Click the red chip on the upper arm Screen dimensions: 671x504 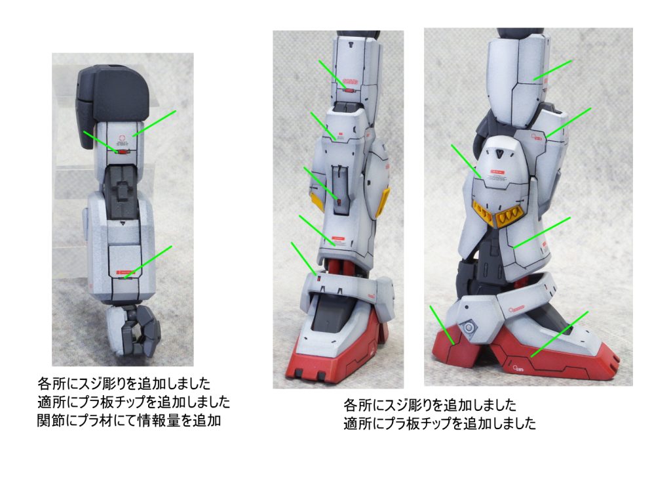[123, 152]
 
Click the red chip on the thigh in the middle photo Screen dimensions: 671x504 [350, 91]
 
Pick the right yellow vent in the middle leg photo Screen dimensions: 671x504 [383, 202]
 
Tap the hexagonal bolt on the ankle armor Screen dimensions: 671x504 [469, 328]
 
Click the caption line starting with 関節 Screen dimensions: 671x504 [129, 421]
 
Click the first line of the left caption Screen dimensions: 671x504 [124, 383]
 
